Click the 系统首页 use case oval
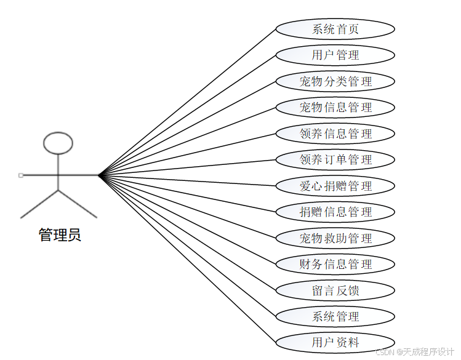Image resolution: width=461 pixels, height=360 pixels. pos(335,29)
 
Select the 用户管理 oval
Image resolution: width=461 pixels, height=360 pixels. pos(335,55)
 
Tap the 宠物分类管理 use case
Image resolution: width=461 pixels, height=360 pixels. pos(335,81)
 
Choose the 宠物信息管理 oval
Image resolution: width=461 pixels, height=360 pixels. pos(335,108)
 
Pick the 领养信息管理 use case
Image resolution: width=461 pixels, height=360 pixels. pos(335,134)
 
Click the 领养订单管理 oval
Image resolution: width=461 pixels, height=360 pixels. pos(335,160)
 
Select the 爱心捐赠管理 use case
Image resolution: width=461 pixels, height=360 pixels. pos(335,186)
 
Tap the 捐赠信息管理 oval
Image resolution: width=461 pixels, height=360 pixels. pos(335,212)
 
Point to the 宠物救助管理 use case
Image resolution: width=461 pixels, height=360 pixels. pos(335,238)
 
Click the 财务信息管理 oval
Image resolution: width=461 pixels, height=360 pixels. pos(335,265)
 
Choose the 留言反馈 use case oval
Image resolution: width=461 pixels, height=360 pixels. pos(335,290)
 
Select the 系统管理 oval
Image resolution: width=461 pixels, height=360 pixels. pos(335,317)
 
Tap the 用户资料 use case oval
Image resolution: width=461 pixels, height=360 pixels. pos(335,343)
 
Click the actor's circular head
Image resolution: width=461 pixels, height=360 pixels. pos(58,143)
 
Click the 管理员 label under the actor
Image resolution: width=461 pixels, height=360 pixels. pos(60,235)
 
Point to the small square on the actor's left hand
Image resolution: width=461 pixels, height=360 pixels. pos(21,175)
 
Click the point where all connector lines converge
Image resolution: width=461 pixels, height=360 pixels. pos(98,175)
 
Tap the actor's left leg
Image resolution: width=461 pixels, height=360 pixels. pos(39,204)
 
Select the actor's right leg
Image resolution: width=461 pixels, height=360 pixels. pos(78,204)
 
